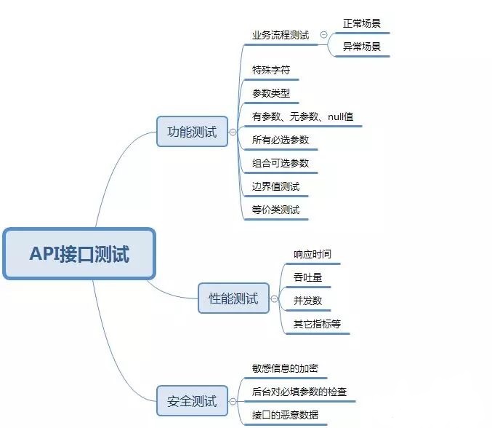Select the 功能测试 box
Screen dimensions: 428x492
(192, 132)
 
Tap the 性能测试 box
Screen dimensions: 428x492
(233, 298)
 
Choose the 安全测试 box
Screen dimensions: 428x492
(192, 400)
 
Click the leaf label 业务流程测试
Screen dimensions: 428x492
(281, 35)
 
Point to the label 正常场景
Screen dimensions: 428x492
(362, 23)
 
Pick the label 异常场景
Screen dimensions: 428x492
(362, 47)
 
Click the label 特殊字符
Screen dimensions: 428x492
(271, 70)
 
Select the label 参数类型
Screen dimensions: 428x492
(271, 93)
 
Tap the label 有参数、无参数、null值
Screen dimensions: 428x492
(303, 116)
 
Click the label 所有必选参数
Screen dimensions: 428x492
(281, 140)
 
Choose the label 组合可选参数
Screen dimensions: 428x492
(281, 163)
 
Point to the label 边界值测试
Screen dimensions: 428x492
(275, 186)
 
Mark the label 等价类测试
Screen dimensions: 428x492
(275, 210)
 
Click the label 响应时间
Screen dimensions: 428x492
(312, 254)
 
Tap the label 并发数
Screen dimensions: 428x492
(307, 301)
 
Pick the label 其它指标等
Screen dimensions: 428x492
(317, 324)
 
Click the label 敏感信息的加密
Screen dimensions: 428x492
(285, 368)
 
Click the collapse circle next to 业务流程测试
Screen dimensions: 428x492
(323, 35)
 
